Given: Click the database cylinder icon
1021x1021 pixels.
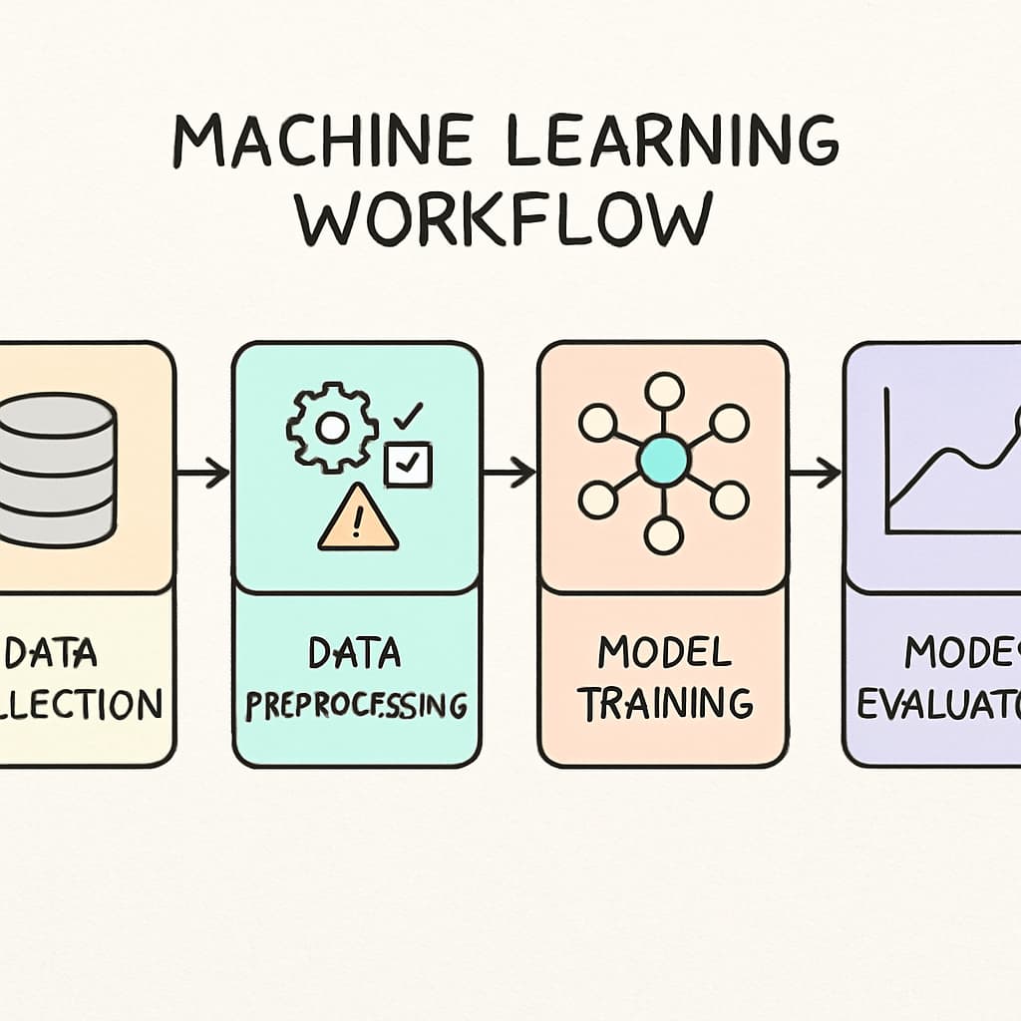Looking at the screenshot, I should [55, 469].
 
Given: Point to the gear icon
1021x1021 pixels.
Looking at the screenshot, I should [331, 428].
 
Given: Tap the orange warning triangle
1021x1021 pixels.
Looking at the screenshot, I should [358, 518].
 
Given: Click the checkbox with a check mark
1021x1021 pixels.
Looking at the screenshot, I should [408, 465].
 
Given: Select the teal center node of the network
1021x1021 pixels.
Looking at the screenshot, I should [663, 461].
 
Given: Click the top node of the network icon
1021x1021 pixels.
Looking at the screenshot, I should [663, 390].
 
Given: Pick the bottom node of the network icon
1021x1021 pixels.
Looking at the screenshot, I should [663, 534].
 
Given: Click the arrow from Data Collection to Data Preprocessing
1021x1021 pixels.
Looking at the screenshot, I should [203, 473].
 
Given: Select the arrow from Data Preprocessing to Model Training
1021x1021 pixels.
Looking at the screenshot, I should [510, 473].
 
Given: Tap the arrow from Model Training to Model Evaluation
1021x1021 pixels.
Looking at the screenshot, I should [815, 473].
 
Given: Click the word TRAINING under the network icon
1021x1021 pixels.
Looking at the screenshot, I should [665, 702].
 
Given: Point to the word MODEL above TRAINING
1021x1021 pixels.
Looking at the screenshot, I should [665, 652].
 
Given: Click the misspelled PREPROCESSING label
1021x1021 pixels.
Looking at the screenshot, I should [356, 704].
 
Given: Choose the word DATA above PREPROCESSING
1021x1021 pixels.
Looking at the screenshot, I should [355, 653].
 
